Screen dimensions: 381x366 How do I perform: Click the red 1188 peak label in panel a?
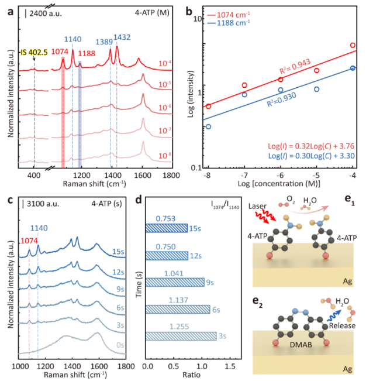pos(87,53)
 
